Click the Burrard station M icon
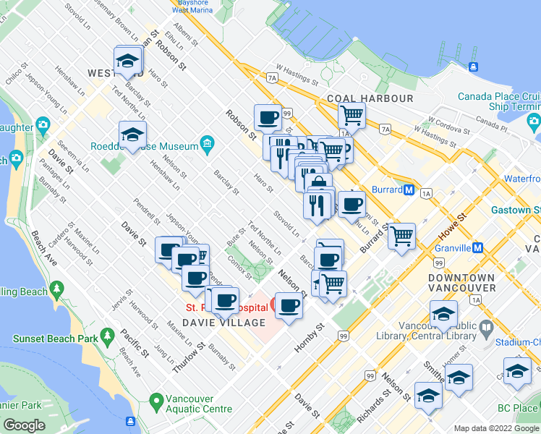[409, 190]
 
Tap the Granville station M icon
[477, 247]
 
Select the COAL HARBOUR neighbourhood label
[370, 98]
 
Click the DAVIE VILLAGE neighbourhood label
[223, 323]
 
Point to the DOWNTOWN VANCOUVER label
[461, 283]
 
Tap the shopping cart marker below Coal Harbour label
[352, 114]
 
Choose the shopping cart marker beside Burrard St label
[401, 236]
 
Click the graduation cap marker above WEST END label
[128, 61]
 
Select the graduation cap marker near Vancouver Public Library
[443, 315]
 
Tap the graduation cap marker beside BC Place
[517, 372]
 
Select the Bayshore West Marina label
[192, 7]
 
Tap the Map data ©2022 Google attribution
[496, 428]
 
